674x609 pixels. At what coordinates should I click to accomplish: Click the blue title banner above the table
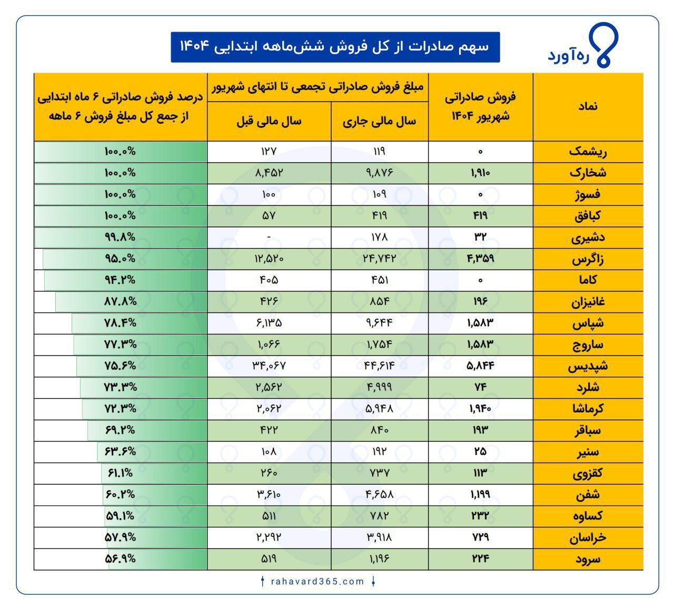(x=335, y=47)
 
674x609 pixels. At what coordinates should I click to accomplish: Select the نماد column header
(x=588, y=106)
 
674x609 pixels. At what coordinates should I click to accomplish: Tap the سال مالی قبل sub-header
(x=269, y=122)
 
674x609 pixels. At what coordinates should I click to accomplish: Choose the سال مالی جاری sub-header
(x=379, y=122)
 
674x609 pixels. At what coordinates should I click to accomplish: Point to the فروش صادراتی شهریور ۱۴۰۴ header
(x=480, y=106)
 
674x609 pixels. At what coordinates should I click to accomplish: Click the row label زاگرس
(x=588, y=259)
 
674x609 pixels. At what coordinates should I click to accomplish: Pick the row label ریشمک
(x=588, y=152)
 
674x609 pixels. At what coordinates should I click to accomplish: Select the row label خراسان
(x=588, y=538)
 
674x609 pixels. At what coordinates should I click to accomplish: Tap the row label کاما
(x=588, y=280)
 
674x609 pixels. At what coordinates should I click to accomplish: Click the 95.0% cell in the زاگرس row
(x=120, y=259)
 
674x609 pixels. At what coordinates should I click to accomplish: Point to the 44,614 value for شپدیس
(x=379, y=366)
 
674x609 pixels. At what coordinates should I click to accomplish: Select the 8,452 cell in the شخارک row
(x=269, y=173)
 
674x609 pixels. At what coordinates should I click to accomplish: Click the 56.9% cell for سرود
(x=120, y=559)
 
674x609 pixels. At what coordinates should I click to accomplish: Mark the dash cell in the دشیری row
(x=269, y=238)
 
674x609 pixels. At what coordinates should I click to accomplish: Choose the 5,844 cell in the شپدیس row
(x=480, y=366)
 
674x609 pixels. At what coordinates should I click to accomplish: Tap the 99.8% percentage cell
(x=120, y=237)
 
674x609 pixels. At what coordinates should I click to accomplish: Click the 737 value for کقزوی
(x=379, y=473)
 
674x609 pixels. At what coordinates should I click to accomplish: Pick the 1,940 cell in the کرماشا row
(x=480, y=408)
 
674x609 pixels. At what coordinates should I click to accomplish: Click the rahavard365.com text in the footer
(x=318, y=582)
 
